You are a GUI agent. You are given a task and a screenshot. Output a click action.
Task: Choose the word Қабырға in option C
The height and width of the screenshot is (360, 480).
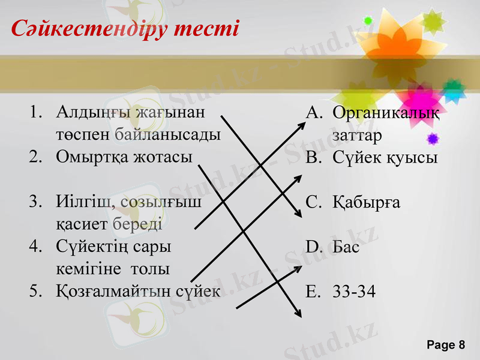pos(367,203)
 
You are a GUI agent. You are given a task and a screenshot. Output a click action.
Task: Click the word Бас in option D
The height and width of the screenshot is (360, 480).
pos(346,247)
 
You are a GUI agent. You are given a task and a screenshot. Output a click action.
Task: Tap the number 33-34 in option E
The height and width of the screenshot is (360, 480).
pos(355,292)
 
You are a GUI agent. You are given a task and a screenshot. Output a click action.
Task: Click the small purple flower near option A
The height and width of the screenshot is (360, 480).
pos(433,139)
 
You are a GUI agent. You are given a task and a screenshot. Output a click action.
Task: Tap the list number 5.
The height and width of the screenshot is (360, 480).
pos(35,291)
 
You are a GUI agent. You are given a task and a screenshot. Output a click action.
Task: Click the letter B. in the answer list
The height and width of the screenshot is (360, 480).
pos(313,158)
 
